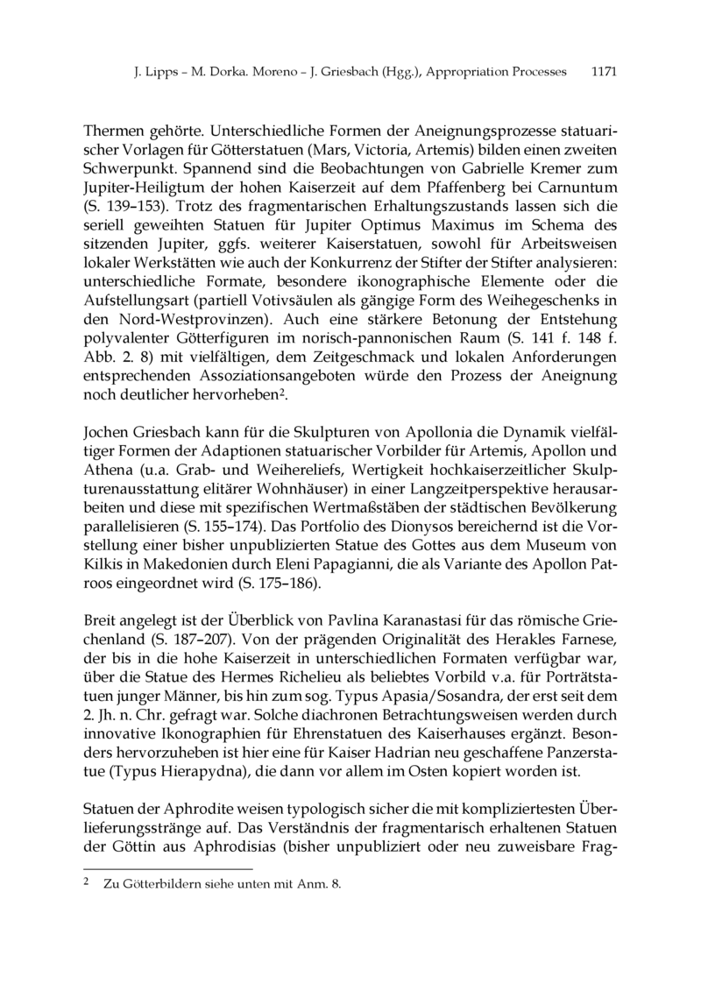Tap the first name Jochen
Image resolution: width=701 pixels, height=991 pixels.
105,434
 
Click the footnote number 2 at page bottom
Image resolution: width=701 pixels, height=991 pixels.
84,883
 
